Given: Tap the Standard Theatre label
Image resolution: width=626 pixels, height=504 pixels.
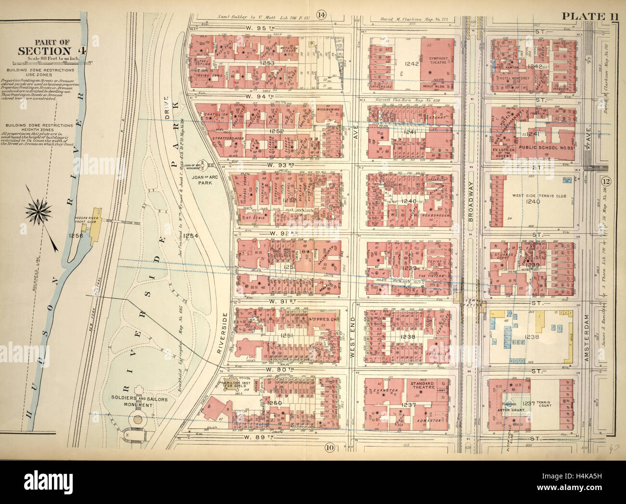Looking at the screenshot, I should pos(422,385).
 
